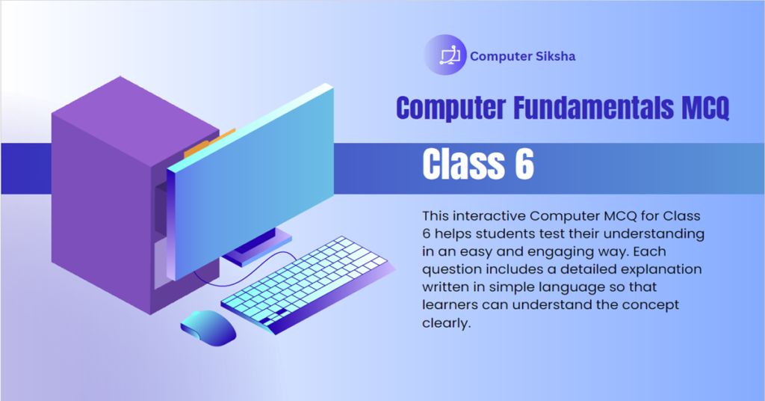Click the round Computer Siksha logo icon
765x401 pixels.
[x=445, y=55]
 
